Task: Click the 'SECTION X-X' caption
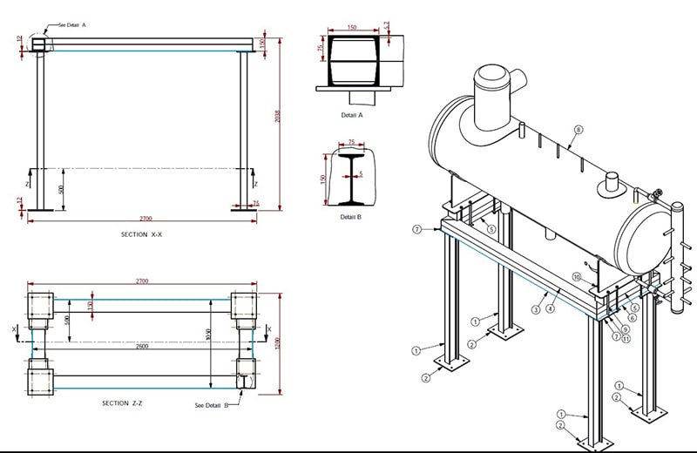click(146, 235)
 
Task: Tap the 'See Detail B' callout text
click(212, 405)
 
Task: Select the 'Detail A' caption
click(352, 114)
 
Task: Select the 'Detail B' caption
click(352, 217)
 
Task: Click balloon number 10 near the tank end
click(577, 276)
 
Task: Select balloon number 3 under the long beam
click(535, 310)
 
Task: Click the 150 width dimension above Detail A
click(351, 28)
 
